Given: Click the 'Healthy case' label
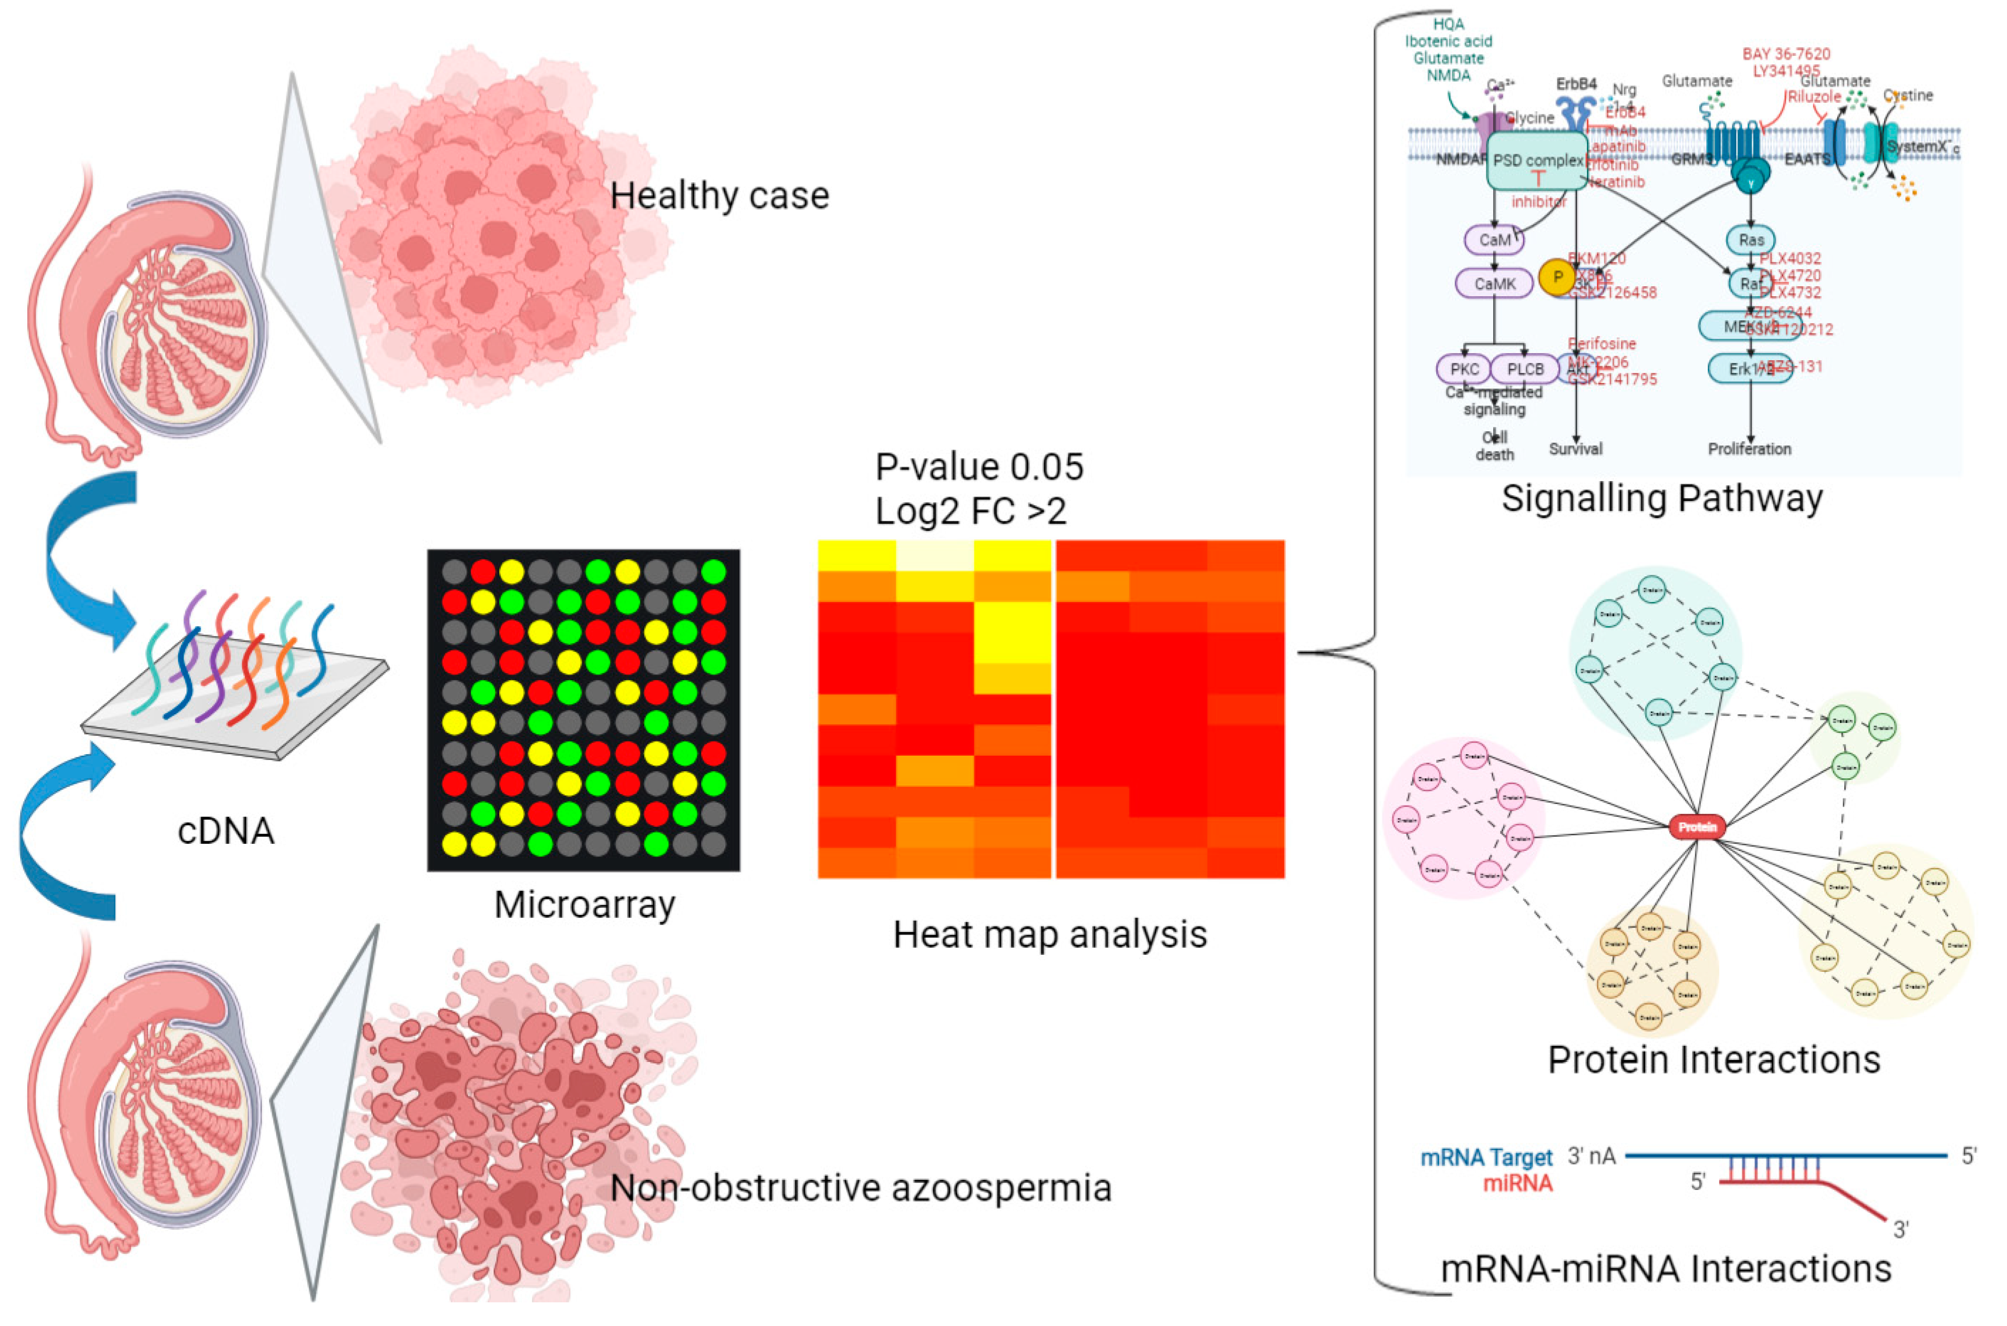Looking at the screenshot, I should (719, 196).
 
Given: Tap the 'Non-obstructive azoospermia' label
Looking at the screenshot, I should (860, 1188).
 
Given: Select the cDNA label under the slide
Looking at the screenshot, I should (226, 831).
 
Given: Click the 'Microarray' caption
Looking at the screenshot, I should (585, 905).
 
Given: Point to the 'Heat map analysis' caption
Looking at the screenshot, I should (1050, 935).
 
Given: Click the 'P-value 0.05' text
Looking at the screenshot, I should (979, 467).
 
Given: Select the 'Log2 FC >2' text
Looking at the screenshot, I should (971, 511).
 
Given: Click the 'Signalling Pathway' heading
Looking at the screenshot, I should (1662, 498).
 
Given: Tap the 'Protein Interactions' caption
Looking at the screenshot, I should (1714, 1059).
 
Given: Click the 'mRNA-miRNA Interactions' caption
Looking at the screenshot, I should (1665, 1269).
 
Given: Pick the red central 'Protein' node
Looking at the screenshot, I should (1697, 827).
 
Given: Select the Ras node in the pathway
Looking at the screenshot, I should (1750, 240).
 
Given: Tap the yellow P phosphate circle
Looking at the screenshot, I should (1557, 278).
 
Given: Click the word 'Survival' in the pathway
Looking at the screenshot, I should (1575, 449).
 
